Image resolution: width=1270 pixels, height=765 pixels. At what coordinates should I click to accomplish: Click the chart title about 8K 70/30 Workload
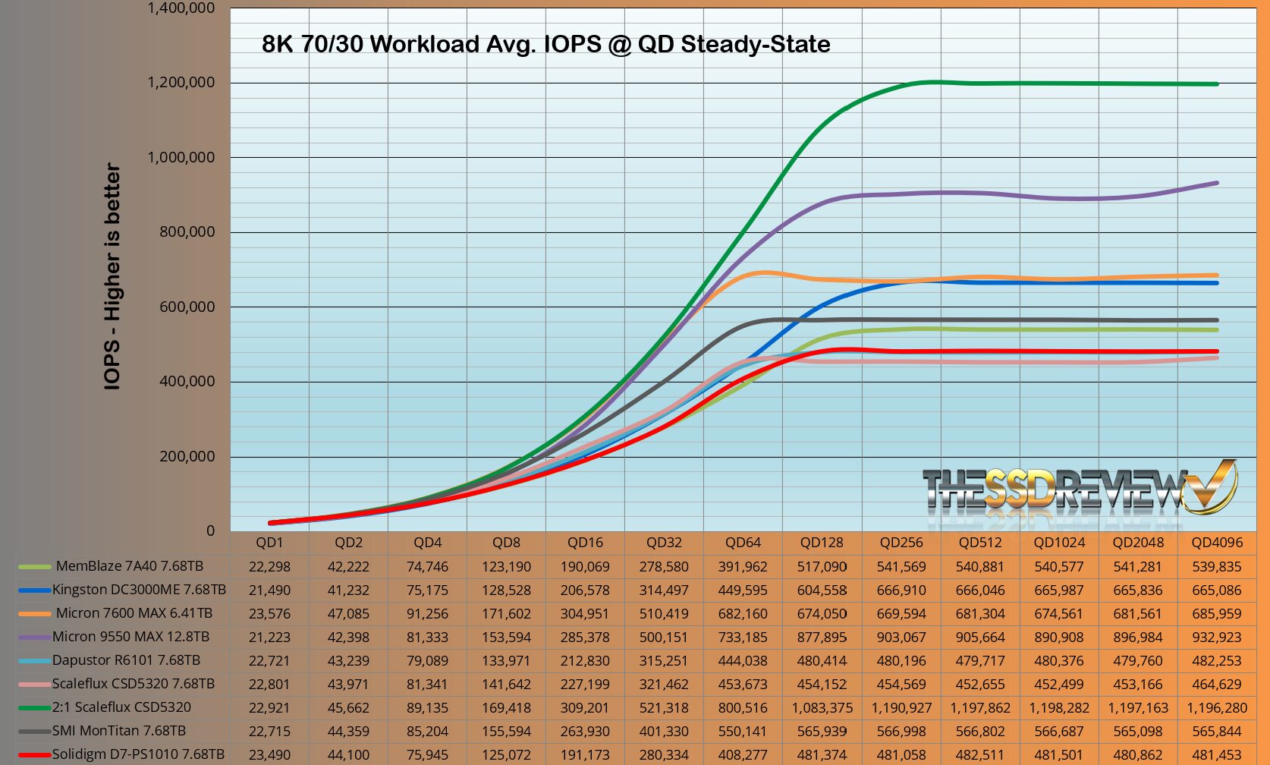coord(545,44)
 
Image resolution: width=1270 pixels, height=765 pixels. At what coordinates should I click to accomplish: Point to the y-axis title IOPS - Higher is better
coord(112,277)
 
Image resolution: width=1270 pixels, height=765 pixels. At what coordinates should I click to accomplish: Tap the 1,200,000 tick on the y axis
coord(181,82)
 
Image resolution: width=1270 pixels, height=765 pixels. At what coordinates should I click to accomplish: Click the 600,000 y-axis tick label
coord(187,307)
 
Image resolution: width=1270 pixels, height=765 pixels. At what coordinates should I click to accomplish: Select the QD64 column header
coord(743,543)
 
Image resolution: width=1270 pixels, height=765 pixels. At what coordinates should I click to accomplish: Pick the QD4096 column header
coord(1217,543)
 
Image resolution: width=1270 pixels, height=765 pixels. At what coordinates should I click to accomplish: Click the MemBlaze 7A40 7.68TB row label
coord(129,566)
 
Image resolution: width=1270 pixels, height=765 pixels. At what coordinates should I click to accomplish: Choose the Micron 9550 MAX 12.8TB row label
coord(130,637)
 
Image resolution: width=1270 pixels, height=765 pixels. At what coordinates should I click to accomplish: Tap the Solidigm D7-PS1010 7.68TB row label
coord(138,754)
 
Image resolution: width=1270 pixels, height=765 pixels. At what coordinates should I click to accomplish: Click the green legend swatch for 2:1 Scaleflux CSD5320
coord(34,708)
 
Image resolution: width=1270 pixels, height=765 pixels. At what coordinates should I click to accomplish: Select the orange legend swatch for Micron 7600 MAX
coord(34,614)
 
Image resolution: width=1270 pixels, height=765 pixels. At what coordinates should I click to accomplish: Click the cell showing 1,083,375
coord(822,708)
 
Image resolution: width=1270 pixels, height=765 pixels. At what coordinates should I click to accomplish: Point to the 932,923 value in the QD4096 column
coord(1217,637)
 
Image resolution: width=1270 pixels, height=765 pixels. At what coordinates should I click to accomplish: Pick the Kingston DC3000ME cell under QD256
coord(901,590)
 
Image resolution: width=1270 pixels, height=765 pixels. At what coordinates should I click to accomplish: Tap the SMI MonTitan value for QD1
coord(269,732)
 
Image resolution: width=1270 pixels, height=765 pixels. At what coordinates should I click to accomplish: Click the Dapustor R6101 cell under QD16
coord(585,660)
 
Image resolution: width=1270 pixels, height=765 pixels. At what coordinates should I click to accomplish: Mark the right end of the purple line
coord(1217,183)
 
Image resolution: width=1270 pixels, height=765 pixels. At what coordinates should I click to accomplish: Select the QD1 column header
coord(269,543)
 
